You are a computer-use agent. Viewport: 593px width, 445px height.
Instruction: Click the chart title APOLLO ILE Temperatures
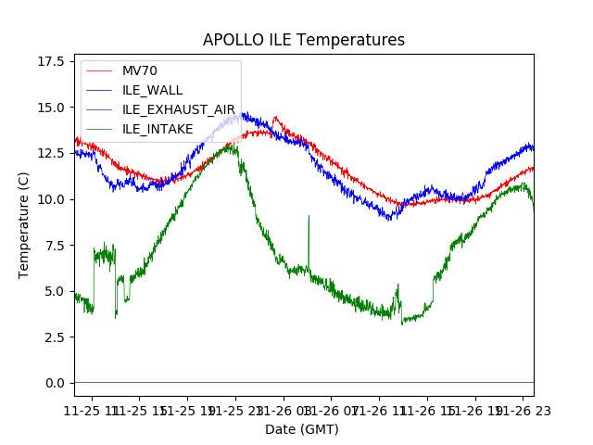(x=304, y=40)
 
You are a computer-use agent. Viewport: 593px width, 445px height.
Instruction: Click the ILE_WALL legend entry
(x=153, y=90)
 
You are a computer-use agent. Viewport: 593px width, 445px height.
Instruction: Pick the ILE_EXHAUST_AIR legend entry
(x=179, y=109)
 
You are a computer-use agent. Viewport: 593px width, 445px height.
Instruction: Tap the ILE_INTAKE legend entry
(x=158, y=129)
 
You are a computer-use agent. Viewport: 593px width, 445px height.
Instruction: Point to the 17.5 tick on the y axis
(x=54, y=61)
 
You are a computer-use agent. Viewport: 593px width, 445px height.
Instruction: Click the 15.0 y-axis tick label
(x=54, y=108)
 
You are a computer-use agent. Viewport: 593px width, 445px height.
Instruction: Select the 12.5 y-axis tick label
(x=54, y=153)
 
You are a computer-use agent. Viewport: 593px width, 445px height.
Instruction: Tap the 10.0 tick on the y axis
(x=54, y=199)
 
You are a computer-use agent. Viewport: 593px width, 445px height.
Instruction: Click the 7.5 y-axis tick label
(x=57, y=245)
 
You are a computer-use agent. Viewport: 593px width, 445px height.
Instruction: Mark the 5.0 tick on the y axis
(x=57, y=291)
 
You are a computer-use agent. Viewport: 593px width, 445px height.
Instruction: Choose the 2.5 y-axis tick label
(x=57, y=337)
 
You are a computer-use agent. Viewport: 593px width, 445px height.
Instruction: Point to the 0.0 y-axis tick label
(x=57, y=383)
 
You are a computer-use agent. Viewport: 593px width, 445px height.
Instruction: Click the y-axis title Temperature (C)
(x=24, y=225)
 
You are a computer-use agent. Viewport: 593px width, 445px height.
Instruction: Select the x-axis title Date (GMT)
(x=302, y=429)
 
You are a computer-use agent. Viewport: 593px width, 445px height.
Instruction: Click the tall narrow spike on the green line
(x=309, y=217)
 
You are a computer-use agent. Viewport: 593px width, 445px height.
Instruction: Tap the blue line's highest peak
(x=243, y=113)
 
